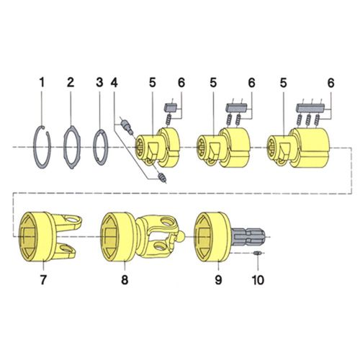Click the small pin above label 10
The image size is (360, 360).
tap(258, 254)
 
